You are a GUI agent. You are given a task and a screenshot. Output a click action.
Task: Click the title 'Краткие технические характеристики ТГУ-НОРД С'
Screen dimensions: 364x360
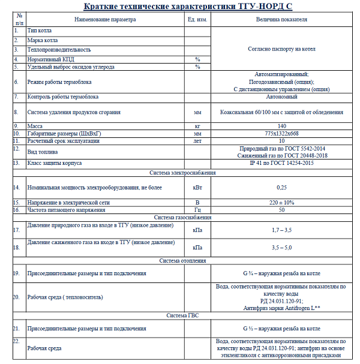click(x=179, y=6)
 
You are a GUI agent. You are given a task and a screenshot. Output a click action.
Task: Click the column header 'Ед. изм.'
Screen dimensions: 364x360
click(x=197, y=19)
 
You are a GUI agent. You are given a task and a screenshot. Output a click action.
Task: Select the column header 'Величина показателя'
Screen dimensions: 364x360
click(x=281, y=19)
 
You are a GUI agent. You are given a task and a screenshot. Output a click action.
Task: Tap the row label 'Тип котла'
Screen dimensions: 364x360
click(x=40, y=29)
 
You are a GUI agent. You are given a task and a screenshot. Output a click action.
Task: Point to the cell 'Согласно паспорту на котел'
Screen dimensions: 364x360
click(x=281, y=49)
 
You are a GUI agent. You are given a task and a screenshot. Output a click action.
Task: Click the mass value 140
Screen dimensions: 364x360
click(x=281, y=126)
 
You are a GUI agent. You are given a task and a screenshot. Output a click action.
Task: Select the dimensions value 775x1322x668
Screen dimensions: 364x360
click(x=281, y=133)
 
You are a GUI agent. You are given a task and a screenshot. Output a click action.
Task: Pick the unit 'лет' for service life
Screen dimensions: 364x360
click(x=197, y=141)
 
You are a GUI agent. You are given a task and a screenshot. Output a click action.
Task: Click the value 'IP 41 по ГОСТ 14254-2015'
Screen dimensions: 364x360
click(x=281, y=163)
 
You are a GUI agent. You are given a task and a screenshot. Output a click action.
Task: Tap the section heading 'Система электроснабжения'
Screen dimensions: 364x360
click(x=182, y=173)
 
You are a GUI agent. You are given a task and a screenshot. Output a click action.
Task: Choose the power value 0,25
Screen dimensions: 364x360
click(x=281, y=187)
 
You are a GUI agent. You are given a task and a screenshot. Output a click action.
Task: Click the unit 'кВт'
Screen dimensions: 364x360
click(x=197, y=187)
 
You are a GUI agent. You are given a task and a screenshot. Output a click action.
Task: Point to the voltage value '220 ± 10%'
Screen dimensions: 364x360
click(x=281, y=203)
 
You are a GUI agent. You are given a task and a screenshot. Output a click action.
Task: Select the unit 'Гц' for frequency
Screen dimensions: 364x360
click(x=197, y=210)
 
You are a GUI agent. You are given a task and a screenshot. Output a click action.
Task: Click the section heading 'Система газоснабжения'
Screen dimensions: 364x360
click(x=182, y=217)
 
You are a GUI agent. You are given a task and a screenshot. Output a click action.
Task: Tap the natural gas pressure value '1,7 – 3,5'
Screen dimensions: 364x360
click(x=281, y=230)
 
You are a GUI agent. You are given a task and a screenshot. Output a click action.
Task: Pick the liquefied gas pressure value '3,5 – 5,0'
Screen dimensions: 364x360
click(x=281, y=247)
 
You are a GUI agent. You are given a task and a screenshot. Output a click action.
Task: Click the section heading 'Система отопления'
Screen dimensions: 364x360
click(x=182, y=261)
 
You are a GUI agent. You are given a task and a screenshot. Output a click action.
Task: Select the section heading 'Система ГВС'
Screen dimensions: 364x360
click(x=182, y=315)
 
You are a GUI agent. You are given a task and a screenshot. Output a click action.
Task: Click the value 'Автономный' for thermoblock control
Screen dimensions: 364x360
click(x=281, y=96)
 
